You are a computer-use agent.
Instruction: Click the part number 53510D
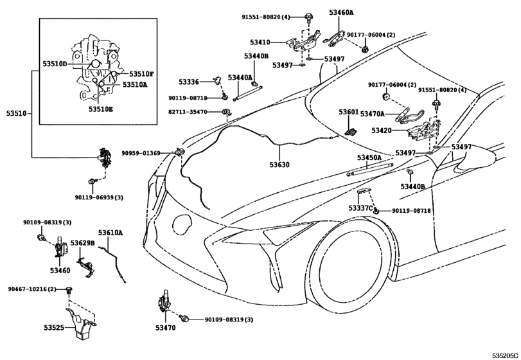point(55,65)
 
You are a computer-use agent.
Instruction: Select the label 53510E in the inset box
point(101,109)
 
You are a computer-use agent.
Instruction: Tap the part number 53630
point(279,165)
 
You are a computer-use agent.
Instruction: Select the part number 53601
point(349,112)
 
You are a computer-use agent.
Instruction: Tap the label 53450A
point(369,157)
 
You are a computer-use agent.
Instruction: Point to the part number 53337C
point(361,208)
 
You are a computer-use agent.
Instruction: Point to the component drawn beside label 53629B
point(84,258)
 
